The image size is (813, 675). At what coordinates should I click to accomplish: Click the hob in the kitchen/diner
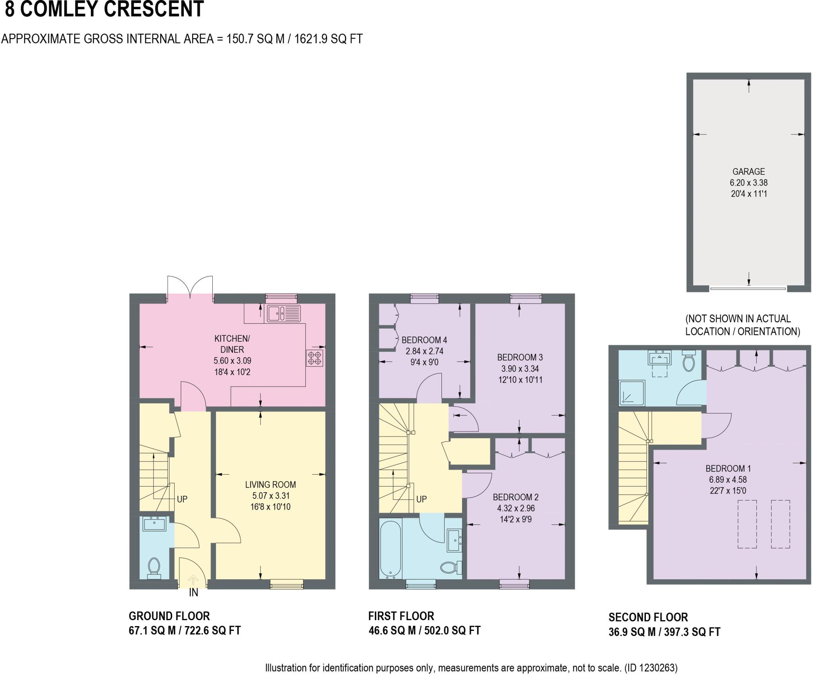314,358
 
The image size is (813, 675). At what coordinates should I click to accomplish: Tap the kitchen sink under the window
284,313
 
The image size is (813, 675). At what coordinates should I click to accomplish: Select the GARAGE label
748,172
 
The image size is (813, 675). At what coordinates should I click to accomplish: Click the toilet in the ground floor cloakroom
154,567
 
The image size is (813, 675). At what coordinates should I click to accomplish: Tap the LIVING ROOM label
270,485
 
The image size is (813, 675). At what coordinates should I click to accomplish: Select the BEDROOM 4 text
424,340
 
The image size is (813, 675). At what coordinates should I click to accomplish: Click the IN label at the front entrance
193,593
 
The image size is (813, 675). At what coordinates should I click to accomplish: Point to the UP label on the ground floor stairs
182,499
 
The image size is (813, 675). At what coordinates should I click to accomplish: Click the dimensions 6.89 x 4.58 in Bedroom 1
728,480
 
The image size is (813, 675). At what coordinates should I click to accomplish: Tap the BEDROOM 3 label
520,357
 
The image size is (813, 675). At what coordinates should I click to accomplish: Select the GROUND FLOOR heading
169,616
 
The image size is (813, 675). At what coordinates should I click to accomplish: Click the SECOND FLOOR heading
648,617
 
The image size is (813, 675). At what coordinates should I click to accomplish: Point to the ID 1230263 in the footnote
651,668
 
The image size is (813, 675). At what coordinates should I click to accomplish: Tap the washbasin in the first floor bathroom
454,540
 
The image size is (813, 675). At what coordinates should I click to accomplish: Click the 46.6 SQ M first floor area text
395,631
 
